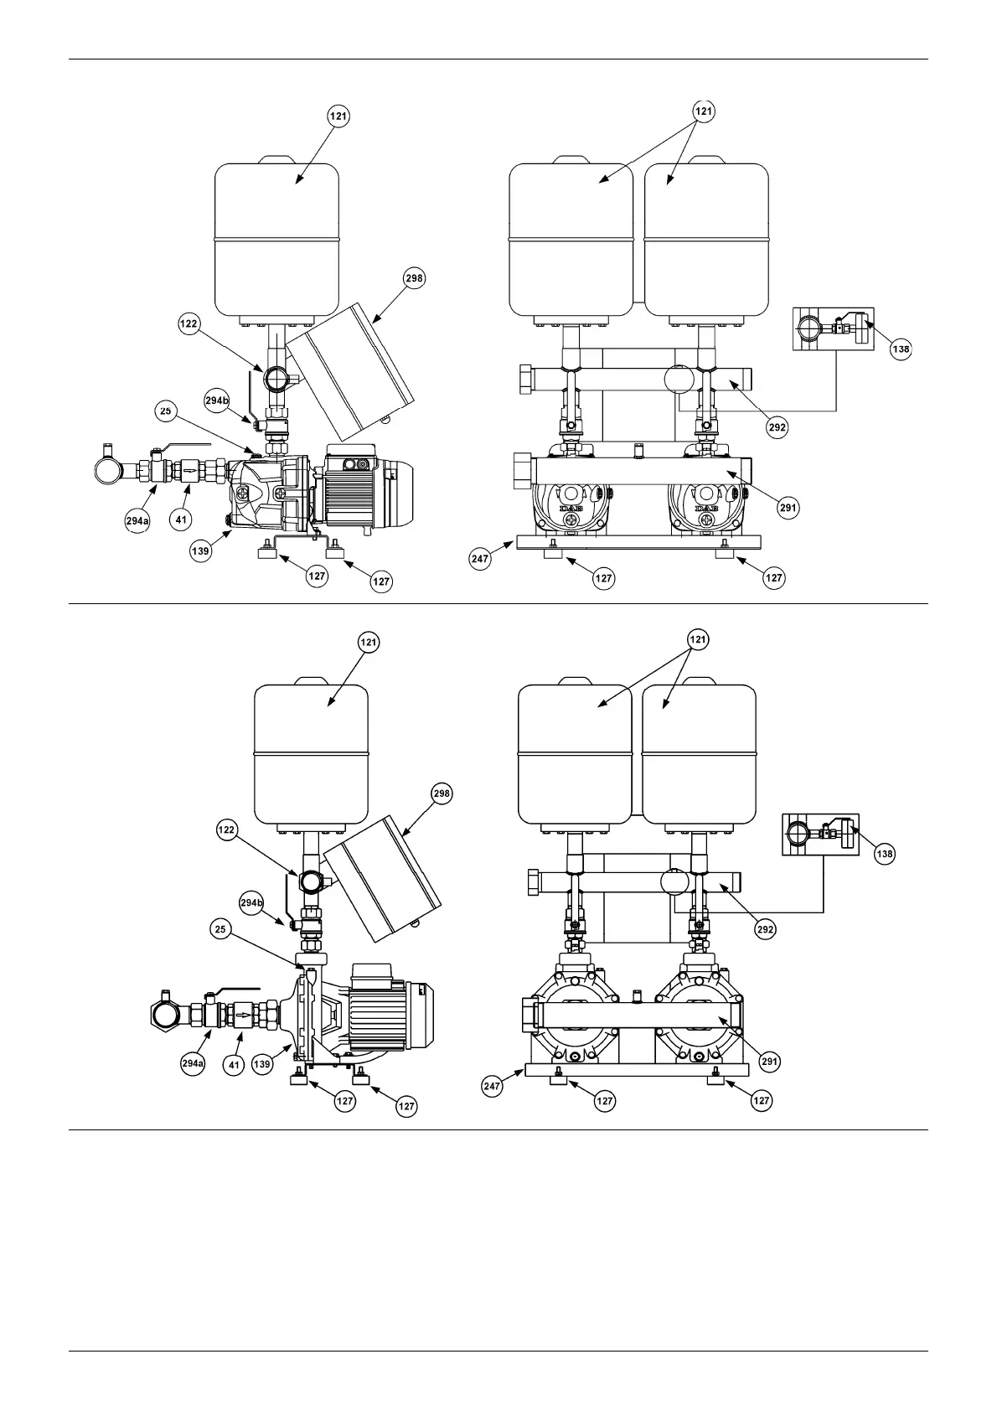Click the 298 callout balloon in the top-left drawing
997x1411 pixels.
415,278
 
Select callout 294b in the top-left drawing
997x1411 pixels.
216,401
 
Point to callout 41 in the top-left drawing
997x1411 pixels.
181,519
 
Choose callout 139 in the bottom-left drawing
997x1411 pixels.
262,1064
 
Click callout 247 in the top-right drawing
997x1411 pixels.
480,560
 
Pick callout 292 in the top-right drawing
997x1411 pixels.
777,426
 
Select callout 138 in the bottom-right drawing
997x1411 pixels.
884,854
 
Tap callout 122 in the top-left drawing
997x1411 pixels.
189,324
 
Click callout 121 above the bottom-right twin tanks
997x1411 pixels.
697,639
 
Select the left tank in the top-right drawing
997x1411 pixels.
571,239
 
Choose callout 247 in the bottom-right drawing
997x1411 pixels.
492,1087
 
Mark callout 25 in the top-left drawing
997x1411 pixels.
166,411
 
